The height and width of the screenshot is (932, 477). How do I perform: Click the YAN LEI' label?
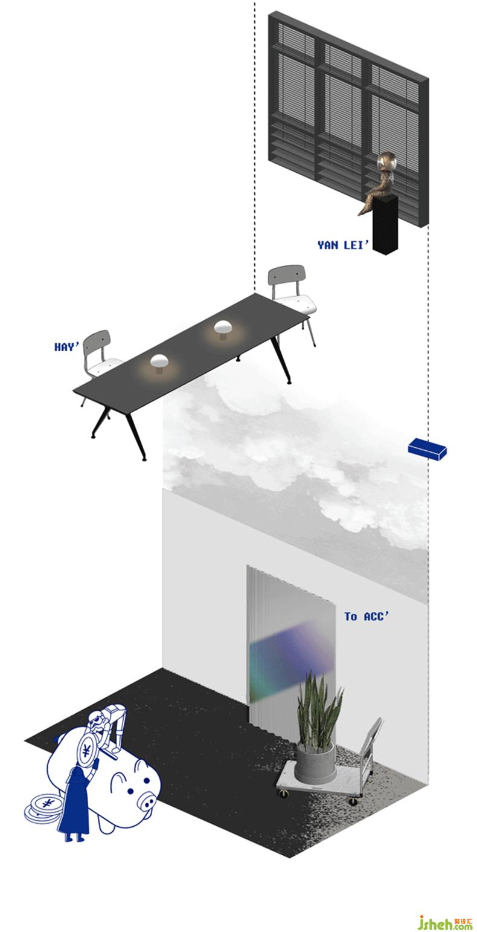click(343, 245)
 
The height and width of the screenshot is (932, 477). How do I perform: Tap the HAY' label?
click(66, 346)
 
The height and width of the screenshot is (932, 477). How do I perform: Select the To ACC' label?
click(367, 616)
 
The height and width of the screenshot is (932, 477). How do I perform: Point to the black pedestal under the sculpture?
click(385, 225)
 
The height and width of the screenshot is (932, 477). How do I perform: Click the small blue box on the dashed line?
click(427, 449)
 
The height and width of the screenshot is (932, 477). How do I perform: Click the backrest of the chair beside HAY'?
click(97, 343)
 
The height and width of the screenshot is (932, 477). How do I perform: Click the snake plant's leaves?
click(319, 707)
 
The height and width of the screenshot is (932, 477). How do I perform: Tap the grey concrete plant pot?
click(315, 763)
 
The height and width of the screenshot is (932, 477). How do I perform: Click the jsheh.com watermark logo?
click(445, 921)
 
